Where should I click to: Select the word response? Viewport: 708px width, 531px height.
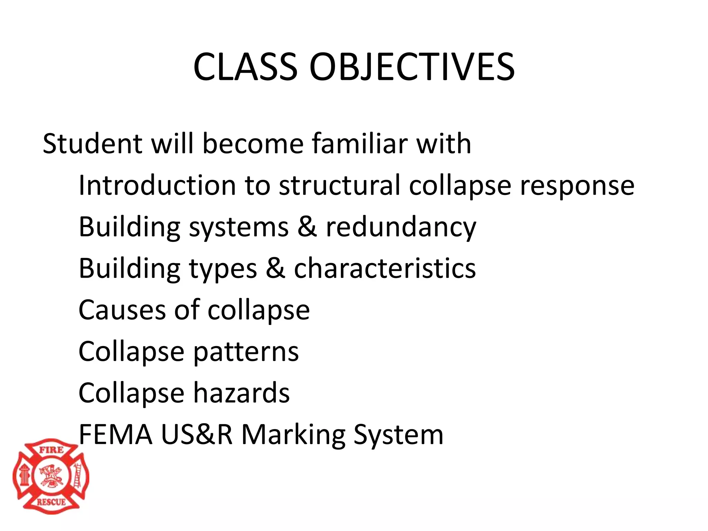(577, 186)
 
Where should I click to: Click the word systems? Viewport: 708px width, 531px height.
(239, 227)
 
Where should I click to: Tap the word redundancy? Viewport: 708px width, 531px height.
(401, 227)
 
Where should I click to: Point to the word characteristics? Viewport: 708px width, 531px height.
(385, 268)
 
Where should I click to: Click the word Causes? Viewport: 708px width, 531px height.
(122, 310)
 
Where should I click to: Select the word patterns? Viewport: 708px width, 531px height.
(246, 352)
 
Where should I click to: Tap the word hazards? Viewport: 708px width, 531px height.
(241, 393)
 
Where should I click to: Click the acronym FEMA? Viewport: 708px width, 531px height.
(115, 435)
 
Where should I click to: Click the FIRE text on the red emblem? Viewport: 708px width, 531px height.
(51, 450)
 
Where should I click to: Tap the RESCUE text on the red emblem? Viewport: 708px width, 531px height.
(51, 502)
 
